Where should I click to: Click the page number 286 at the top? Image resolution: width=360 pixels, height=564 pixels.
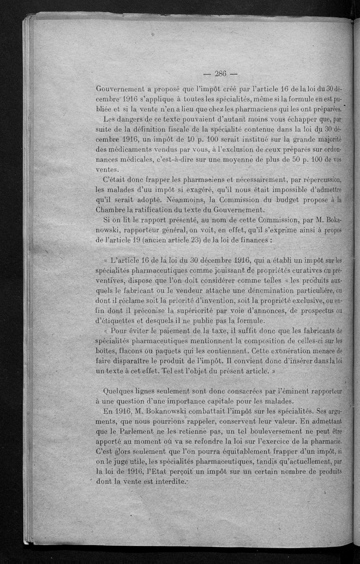click(x=220, y=74)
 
